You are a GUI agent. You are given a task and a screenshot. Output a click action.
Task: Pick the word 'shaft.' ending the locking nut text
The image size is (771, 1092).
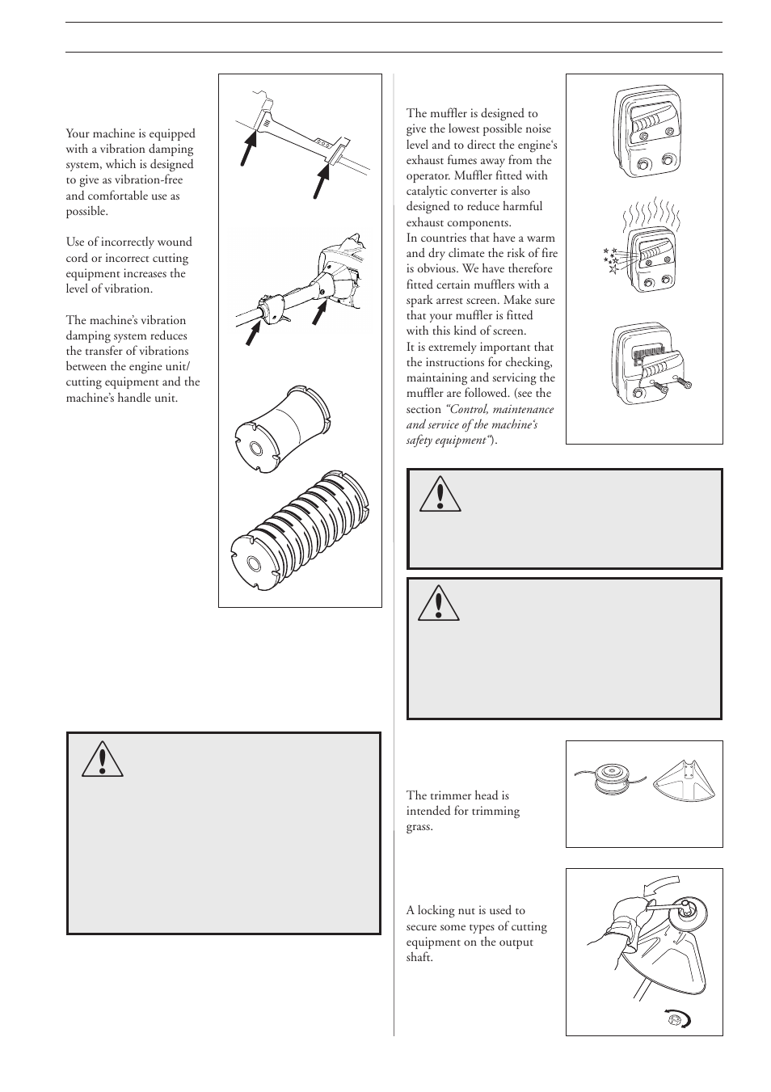coord(419,958)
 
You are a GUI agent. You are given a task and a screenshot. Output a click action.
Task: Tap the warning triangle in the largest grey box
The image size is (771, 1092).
coord(102,757)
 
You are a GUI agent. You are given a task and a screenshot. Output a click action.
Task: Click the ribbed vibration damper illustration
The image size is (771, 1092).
coord(299,521)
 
